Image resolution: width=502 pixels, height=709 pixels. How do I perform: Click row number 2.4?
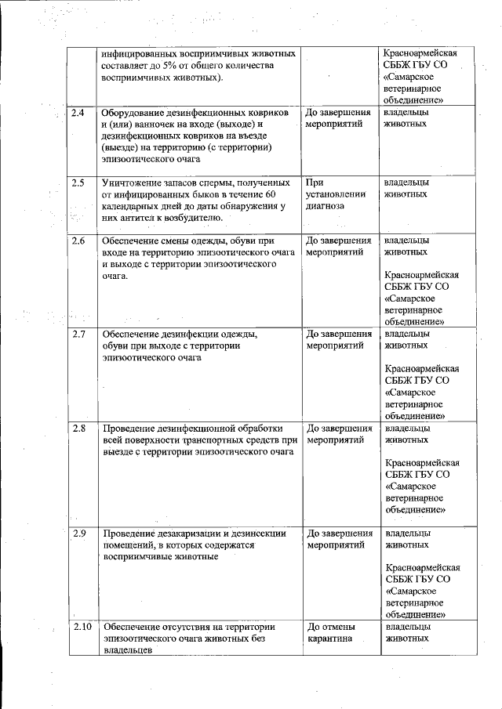(x=78, y=114)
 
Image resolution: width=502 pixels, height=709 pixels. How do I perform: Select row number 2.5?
(x=78, y=183)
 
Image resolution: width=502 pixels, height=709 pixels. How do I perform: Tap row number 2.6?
(x=78, y=241)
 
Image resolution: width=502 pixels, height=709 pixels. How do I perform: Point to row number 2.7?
(x=78, y=335)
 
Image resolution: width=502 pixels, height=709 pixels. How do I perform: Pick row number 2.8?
(x=78, y=429)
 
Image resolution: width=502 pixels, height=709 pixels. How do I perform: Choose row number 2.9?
(x=78, y=534)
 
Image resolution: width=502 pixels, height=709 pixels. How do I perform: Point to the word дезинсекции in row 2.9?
(x=256, y=534)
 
